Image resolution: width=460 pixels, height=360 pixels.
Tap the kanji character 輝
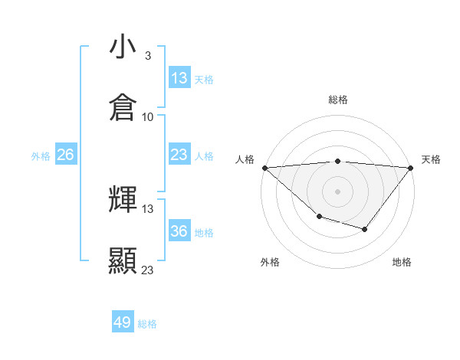tap(123, 200)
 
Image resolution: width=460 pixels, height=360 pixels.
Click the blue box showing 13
tap(179, 77)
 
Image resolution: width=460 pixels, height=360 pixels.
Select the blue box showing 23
tap(179, 155)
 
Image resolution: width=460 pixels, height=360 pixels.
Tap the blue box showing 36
tap(179, 231)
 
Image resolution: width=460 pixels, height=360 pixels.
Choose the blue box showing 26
tap(65, 155)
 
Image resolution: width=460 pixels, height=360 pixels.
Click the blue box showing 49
tap(123, 322)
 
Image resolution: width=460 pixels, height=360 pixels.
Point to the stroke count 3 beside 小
tap(147, 56)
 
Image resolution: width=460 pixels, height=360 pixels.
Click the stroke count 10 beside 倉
tap(148, 117)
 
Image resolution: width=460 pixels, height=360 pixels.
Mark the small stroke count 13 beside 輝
tap(148, 209)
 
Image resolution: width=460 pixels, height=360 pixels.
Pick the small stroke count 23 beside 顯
tap(148, 270)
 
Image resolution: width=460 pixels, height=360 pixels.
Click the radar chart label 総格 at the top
tap(338, 100)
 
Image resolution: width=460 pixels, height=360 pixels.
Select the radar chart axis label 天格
tap(432, 159)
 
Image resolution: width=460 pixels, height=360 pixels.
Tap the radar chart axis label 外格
tap(270, 262)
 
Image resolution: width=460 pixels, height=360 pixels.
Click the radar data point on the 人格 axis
tap(264, 167)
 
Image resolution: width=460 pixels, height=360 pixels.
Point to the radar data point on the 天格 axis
tap(411, 167)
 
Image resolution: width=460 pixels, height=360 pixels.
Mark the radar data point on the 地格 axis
tap(365, 229)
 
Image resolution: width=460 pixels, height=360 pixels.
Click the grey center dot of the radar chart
tap(338, 191)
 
